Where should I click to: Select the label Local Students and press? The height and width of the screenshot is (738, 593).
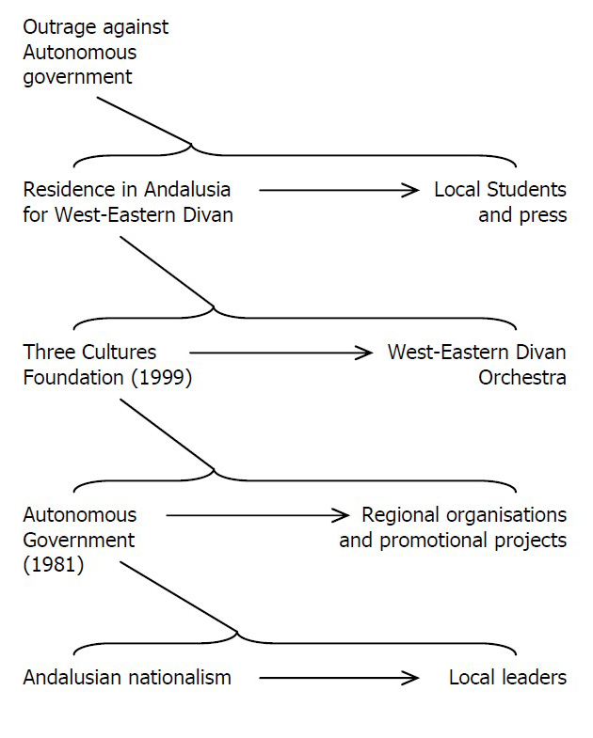pos(500,202)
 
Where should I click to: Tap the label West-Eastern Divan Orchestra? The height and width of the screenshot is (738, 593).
pos(477,365)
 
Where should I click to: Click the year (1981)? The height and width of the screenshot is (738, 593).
pos(54,565)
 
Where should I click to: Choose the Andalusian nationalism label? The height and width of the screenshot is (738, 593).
pos(127,678)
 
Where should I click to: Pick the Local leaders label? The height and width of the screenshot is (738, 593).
pos(507,678)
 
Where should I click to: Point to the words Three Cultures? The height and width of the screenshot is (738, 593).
pos(89,353)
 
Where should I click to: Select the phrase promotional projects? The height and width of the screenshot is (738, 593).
pos(473,542)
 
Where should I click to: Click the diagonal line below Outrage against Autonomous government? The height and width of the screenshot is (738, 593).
pos(144,120)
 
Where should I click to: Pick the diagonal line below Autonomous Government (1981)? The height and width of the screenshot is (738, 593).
pos(178,596)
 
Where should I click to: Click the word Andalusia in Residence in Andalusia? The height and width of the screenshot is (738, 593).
pos(187,190)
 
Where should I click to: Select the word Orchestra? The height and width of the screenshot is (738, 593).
pos(522,378)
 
